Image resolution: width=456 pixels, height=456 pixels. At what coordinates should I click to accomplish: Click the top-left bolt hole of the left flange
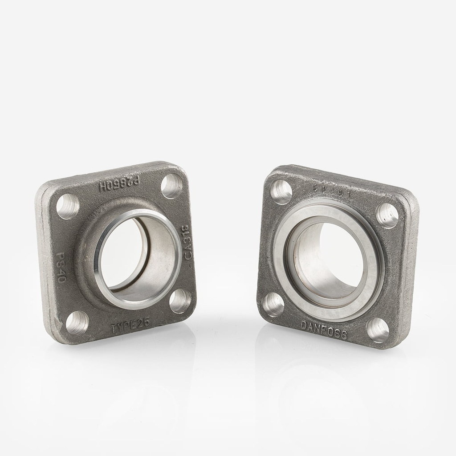(68, 206)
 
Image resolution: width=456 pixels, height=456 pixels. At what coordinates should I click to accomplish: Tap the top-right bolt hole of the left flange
(172, 186)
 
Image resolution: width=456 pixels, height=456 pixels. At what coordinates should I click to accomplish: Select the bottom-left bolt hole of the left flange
(77, 322)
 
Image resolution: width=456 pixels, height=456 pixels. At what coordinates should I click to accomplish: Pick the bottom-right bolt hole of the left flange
(181, 301)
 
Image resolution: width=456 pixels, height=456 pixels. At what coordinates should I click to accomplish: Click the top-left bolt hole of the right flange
(281, 192)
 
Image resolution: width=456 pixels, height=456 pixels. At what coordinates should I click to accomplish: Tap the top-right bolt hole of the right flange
(387, 216)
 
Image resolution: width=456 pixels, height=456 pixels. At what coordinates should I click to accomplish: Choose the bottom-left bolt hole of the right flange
(273, 305)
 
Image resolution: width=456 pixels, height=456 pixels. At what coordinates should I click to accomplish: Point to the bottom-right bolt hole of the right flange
(377, 330)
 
